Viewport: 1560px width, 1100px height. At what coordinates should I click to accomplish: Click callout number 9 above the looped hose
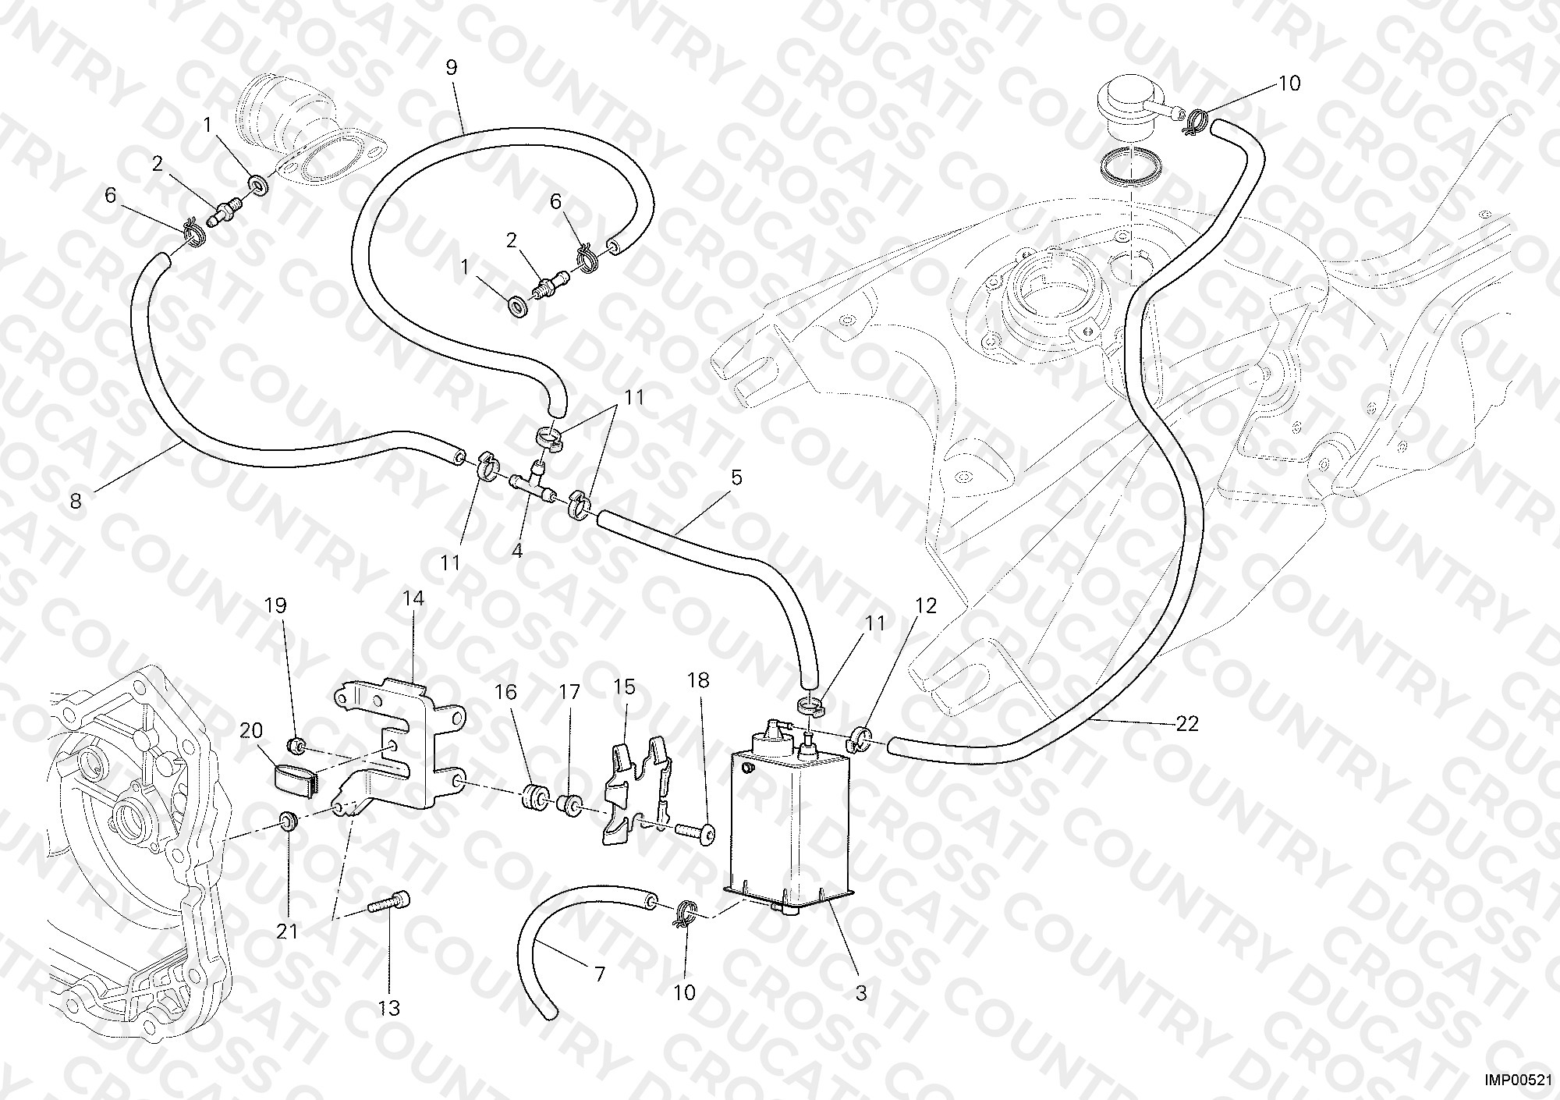(452, 67)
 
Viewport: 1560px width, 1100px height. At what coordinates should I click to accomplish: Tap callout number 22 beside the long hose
(1186, 724)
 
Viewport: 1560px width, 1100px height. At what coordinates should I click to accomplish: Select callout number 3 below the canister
(860, 993)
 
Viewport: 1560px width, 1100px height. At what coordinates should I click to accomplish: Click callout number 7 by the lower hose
(599, 974)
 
